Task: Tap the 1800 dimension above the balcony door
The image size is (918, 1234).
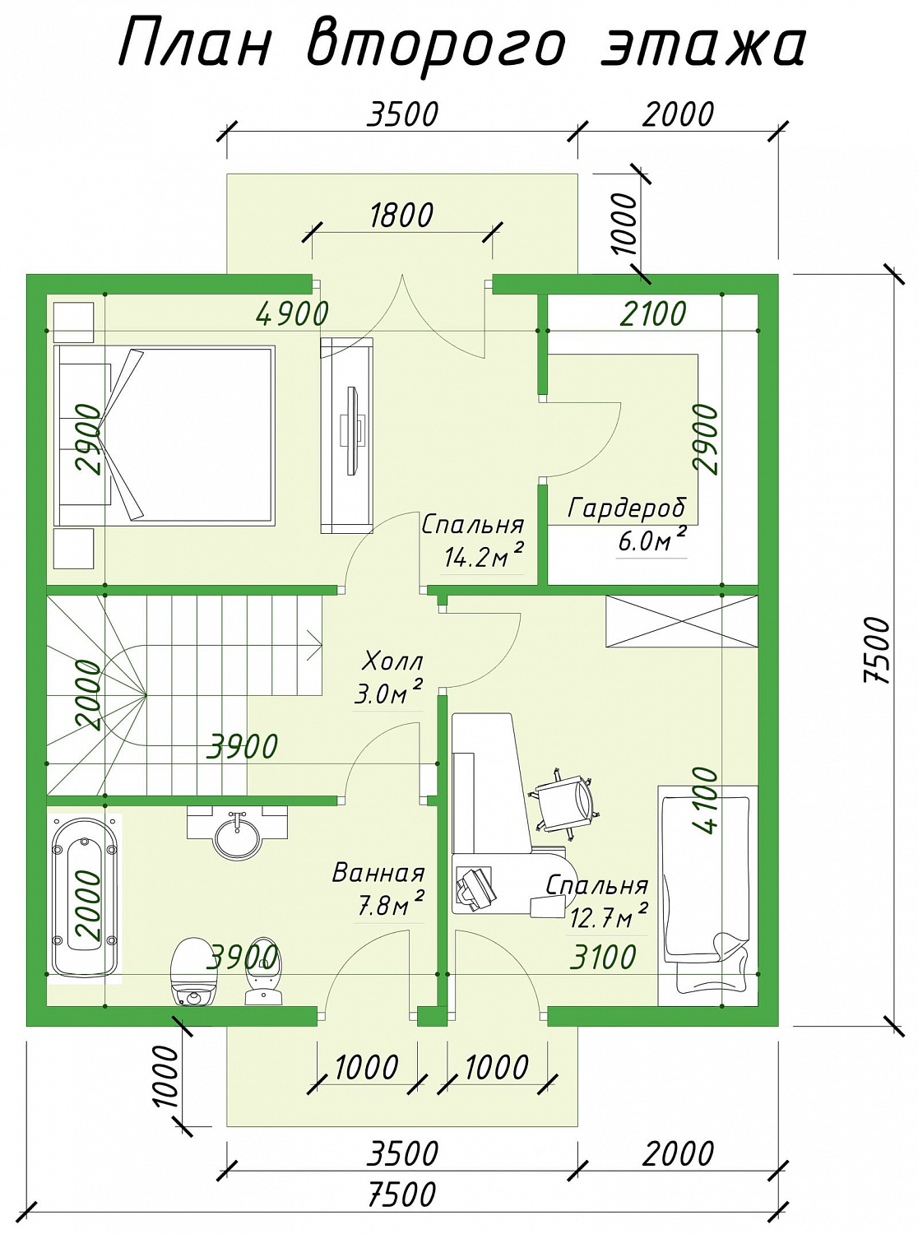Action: coord(401,215)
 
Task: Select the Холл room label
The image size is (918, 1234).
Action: coord(392,661)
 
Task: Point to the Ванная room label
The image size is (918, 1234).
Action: coord(378,872)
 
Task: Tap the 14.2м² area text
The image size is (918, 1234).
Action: coord(484,556)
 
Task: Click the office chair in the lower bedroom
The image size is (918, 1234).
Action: coord(565,804)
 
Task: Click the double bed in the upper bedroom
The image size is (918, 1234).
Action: coord(165,436)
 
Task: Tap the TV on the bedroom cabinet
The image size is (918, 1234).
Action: coord(353,431)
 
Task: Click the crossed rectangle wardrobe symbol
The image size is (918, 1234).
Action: coord(682,621)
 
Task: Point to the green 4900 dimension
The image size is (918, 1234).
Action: coord(292,313)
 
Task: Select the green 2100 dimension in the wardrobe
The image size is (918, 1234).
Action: coord(653,313)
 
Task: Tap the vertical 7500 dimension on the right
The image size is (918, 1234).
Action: coord(878,649)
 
